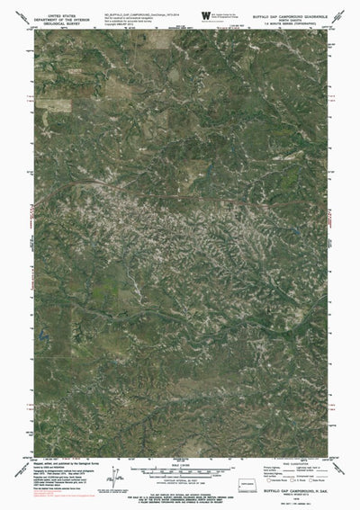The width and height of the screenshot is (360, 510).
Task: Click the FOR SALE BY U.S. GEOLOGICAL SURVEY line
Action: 180,491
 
